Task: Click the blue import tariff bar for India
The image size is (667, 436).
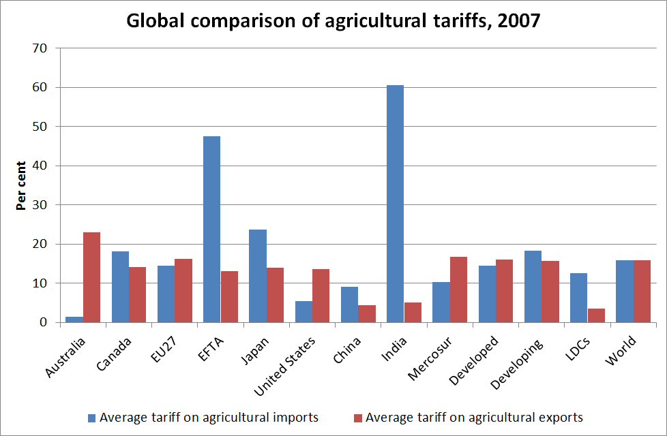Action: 395,204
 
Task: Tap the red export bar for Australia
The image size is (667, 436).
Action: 91,277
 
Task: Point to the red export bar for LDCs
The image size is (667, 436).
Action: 595,315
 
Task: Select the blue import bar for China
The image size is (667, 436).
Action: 349,305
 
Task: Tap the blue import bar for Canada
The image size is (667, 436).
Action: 120,287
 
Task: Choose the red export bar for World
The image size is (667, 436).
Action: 642,291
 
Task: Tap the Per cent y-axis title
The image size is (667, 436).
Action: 21,185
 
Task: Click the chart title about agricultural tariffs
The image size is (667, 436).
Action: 333,21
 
